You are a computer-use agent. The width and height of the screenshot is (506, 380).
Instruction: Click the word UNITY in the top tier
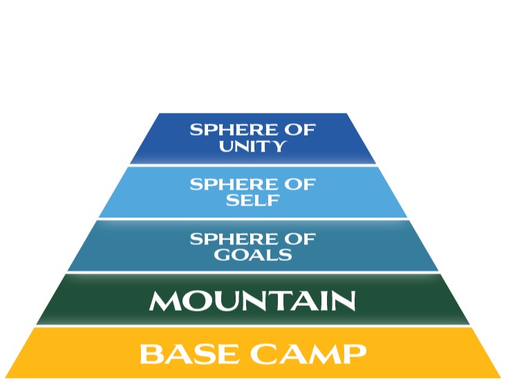click(x=252, y=146)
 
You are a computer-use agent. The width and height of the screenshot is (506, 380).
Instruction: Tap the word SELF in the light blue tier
click(x=252, y=200)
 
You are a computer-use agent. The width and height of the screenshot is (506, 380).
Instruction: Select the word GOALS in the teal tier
click(x=253, y=255)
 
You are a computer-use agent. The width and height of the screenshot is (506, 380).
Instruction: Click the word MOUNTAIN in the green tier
click(x=252, y=301)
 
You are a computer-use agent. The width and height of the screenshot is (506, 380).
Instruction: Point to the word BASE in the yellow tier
click(x=189, y=353)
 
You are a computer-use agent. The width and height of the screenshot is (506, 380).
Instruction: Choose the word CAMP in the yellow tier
click(x=308, y=353)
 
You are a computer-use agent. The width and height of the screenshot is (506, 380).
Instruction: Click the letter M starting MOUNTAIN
click(x=164, y=301)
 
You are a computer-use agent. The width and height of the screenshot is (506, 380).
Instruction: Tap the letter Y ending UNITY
click(x=278, y=146)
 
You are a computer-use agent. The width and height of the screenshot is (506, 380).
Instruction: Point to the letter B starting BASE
click(x=150, y=354)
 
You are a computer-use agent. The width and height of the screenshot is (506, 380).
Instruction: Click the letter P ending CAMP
click(x=357, y=354)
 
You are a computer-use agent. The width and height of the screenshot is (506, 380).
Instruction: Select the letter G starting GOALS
click(x=222, y=255)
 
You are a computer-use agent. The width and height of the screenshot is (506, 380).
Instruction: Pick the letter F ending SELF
click(x=272, y=201)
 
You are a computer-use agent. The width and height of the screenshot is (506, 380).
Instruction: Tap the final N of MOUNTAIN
click(x=344, y=301)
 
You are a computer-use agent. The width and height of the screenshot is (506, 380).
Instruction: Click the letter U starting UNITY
click(x=227, y=146)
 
